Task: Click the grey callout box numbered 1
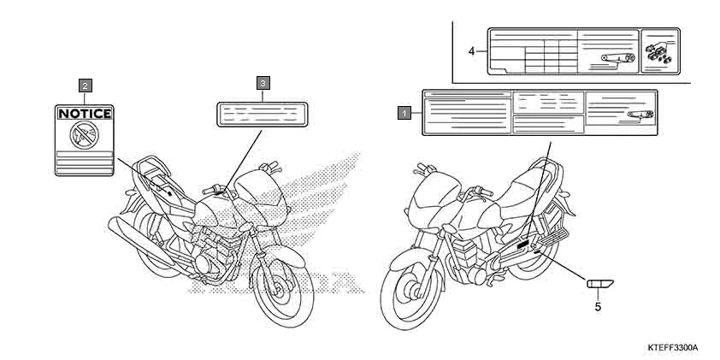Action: coord(402,111)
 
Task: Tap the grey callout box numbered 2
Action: coord(85,85)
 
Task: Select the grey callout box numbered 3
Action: coord(263,82)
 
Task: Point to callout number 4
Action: coord(471,51)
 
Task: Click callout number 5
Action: coord(597,304)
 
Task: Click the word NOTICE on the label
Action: coord(84,113)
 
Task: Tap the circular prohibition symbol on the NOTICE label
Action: coord(84,132)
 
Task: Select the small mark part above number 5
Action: coord(597,283)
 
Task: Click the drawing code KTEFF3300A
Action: coord(673,349)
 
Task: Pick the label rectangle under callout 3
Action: coord(263,115)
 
